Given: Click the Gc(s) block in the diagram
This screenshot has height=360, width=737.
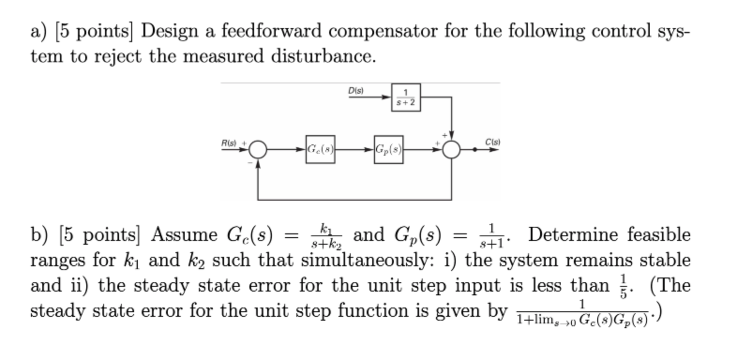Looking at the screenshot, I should tap(320, 150).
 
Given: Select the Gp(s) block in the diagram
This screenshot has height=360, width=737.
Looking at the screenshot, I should tap(388, 150).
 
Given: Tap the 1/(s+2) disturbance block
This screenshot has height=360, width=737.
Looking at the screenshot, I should tap(406, 97).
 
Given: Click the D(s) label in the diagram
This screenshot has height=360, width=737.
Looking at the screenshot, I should tap(356, 90).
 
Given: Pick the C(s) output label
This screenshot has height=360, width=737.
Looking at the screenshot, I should tap(493, 141).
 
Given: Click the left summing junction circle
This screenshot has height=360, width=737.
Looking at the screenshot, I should tap(257, 150).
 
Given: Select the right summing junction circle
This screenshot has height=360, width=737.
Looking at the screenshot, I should tap(451, 150).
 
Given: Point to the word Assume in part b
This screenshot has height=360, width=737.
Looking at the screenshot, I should tap(184, 234).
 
